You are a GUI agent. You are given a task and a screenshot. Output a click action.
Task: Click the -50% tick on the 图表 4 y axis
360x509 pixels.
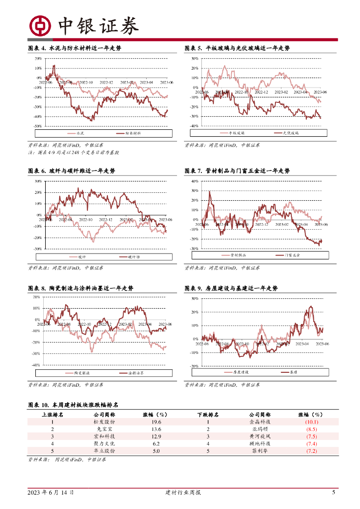38,126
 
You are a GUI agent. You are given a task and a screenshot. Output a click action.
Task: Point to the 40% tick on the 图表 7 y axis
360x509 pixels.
195,181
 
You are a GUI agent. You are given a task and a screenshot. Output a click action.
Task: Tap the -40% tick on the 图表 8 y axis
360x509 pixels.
36,365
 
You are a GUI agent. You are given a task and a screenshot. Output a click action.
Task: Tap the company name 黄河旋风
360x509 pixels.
261,436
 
